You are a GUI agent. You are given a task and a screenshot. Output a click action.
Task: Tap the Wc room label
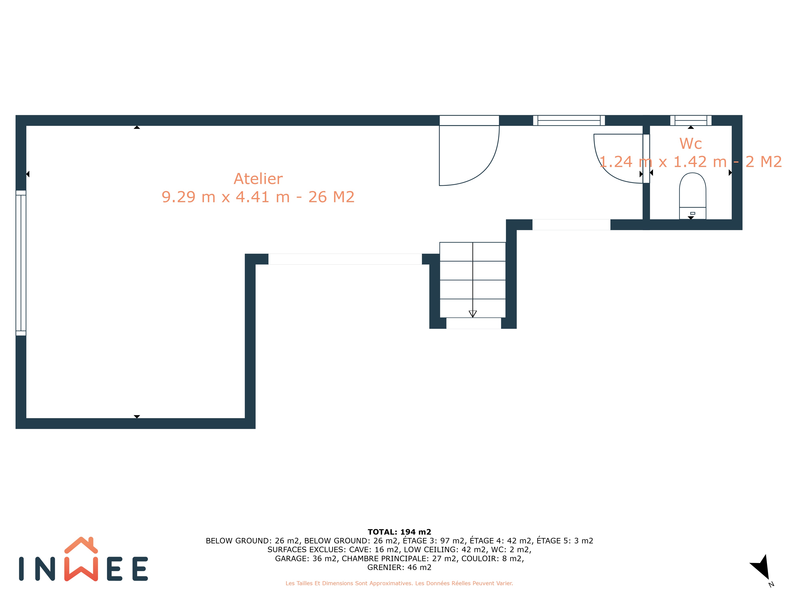pyautogui.click(x=691, y=144)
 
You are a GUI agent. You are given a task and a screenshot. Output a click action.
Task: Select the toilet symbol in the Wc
pyautogui.click(x=693, y=196)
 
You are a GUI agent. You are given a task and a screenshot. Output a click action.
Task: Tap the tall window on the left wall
pyautogui.click(x=21, y=263)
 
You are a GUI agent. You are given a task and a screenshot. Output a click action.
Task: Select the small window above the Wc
pyautogui.click(x=691, y=120)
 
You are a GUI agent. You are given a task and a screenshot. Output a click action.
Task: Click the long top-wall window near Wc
pyautogui.click(x=569, y=120)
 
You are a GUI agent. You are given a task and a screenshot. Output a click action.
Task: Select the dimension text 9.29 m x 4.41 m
pyautogui.click(x=226, y=197)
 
